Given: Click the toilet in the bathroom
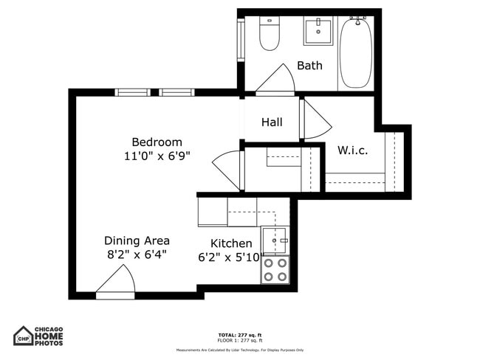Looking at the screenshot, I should [270, 33].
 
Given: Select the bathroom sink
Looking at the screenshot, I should [318, 32].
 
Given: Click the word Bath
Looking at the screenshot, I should [309, 66].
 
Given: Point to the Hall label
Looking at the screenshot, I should [272, 122].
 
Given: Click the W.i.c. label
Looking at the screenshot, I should [352, 150].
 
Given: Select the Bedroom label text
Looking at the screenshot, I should [157, 142].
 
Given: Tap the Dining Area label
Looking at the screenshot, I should [137, 240].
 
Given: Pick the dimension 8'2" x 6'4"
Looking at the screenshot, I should [137, 255].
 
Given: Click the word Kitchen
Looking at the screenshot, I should [231, 243].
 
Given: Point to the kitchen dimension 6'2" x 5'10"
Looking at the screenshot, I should [231, 257].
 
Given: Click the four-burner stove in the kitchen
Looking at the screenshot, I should [275, 270].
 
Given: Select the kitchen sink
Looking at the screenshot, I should [275, 240].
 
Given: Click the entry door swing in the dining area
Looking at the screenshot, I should [117, 282].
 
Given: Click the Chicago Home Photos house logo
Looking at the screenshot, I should [24, 336].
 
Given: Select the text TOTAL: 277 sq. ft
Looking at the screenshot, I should [239, 335].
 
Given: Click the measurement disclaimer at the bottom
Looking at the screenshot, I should [239, 350].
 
